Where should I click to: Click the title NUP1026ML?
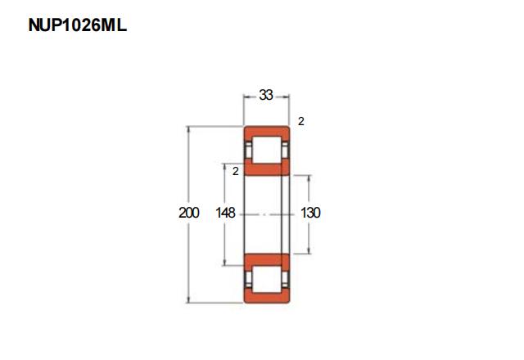pos(78,25)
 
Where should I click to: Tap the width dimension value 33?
pos(266,95)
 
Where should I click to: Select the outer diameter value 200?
pos(189,213)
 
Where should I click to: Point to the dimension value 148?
pos(226,213)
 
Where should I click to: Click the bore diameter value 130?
pos(310,213)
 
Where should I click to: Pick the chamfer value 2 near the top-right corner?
pos(301,121)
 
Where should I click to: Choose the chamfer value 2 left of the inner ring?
pos(236,171)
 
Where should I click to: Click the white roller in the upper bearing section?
pos(266,150)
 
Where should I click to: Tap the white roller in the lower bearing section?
pos(266,279)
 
